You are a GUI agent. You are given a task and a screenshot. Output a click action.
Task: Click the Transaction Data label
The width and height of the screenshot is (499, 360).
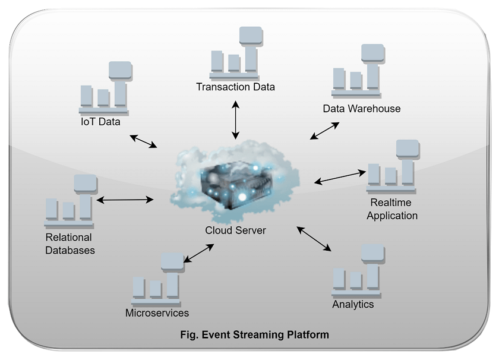(235, 87)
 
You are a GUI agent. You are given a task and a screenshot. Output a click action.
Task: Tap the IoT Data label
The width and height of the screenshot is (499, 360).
(100, 122)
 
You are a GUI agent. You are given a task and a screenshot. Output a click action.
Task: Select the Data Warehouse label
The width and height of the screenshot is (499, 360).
(361, 109)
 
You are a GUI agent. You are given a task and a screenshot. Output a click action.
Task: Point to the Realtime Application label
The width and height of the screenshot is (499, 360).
(391, 210)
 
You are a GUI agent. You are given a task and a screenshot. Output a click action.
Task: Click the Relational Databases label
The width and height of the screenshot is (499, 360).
(70, 244)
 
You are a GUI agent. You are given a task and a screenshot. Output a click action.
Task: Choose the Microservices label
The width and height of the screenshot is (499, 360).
(157, 313)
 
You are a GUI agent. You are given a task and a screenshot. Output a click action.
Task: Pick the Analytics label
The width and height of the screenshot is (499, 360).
(353, 304)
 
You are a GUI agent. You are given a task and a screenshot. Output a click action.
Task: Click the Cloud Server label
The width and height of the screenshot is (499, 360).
(235, 230)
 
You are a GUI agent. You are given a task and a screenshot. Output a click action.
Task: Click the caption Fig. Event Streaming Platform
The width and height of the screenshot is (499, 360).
(254, 334)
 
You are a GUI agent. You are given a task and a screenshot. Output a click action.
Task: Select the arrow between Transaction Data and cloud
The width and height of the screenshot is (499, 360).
(236, 120)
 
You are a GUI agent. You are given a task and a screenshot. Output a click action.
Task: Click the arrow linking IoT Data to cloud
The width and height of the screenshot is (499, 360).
(143, 141)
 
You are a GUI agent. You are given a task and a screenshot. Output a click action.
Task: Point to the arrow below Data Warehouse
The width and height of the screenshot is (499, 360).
(325, 131)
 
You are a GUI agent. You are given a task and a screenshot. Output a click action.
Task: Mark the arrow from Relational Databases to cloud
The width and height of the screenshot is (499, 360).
(125, 200)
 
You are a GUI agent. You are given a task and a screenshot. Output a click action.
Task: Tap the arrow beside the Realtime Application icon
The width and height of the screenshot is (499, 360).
(340, 177)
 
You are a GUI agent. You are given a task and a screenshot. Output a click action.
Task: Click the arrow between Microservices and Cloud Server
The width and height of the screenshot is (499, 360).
(199, 252)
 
